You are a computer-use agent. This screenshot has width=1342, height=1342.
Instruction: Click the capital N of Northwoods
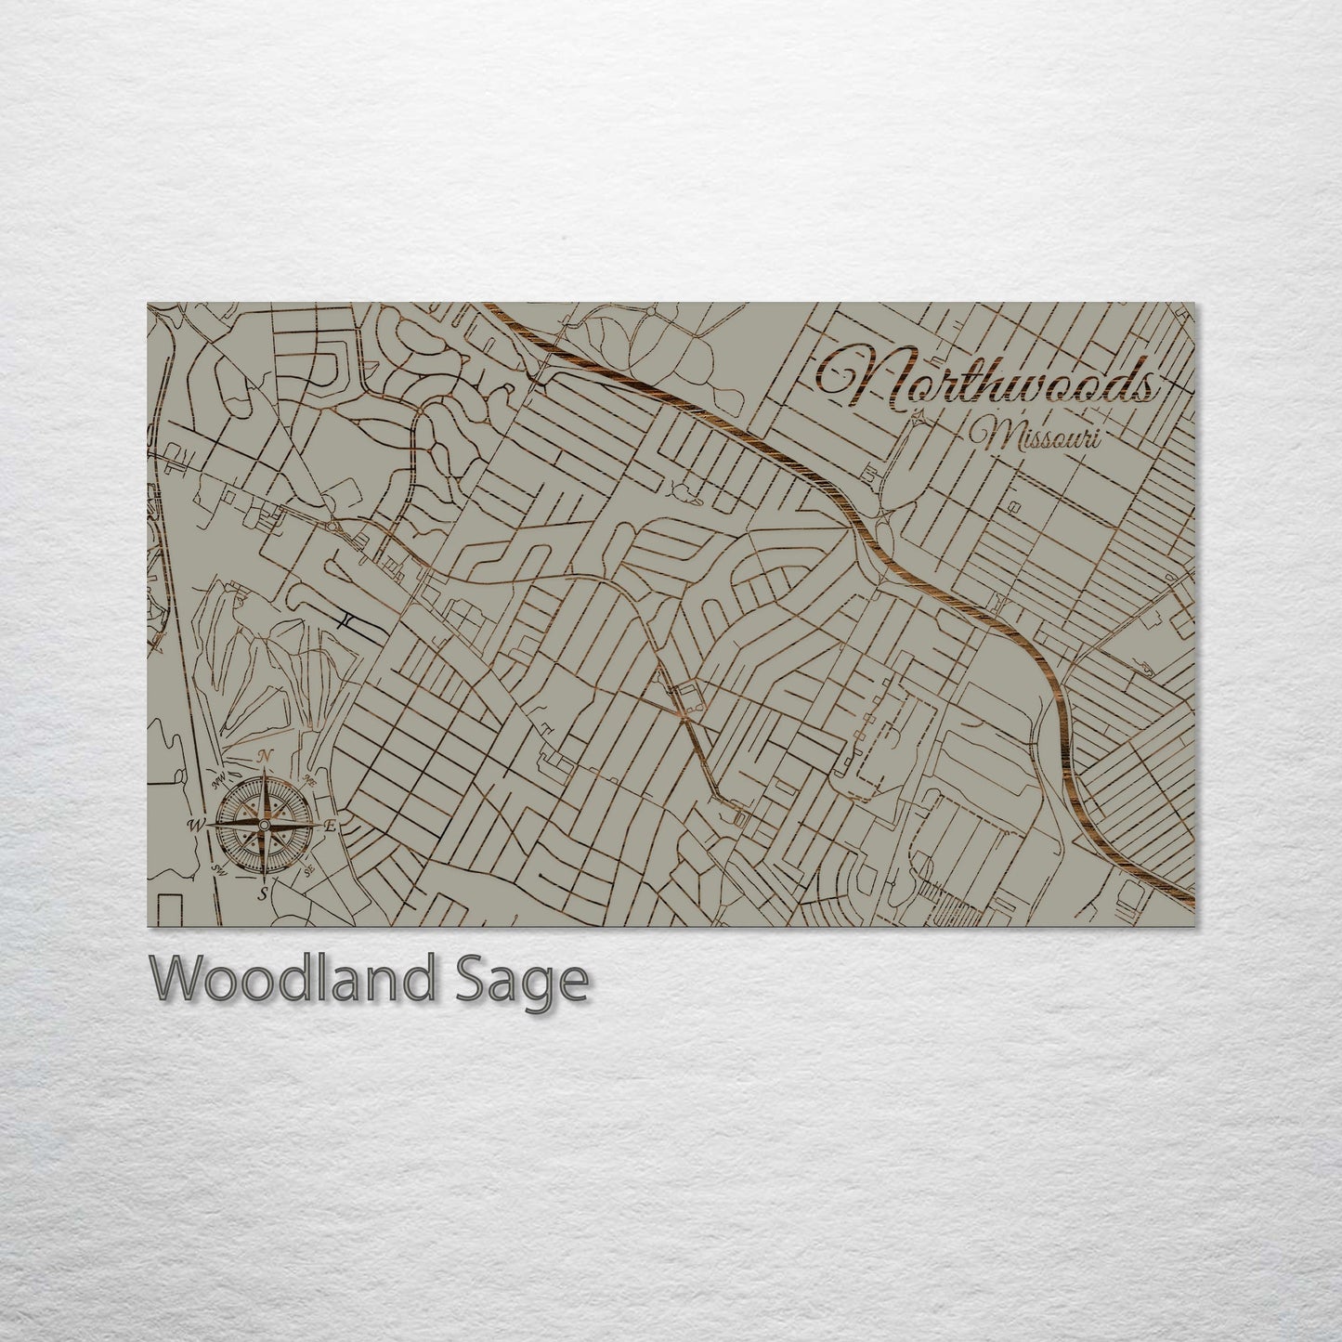click(850, 377)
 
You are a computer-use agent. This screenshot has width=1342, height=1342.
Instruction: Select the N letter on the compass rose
click(265, 756)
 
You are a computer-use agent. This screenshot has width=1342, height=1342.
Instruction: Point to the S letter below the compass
click(264, 893)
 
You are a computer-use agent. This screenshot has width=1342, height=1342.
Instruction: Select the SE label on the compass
click(310, 871)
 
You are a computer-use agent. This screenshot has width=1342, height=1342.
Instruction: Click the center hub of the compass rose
click(265, 825)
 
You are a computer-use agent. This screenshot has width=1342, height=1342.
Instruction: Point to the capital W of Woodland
click(176, 980)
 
